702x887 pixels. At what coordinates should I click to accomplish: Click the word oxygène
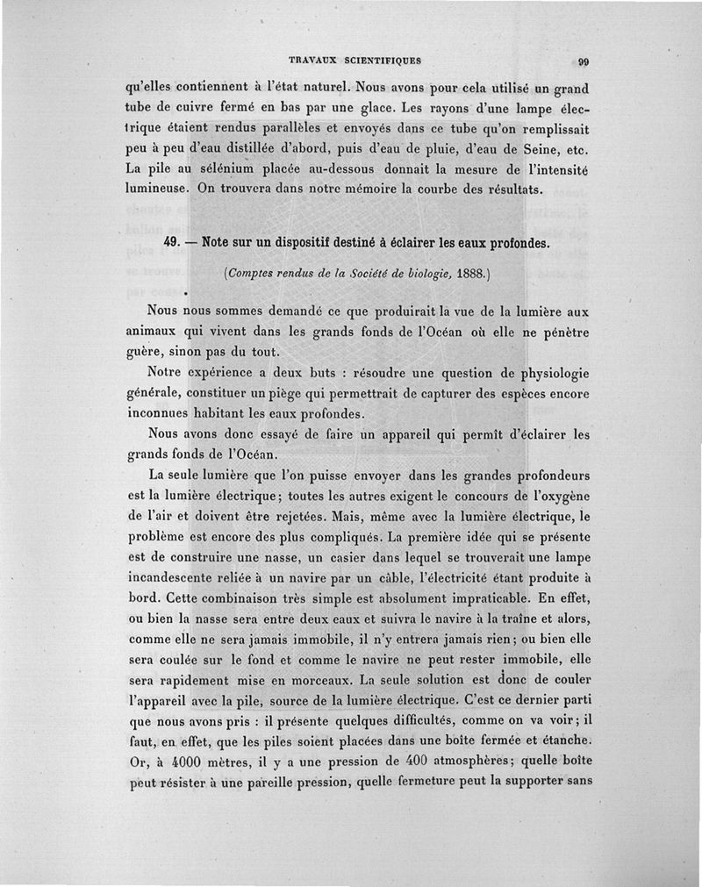click(x=554, y=498)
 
